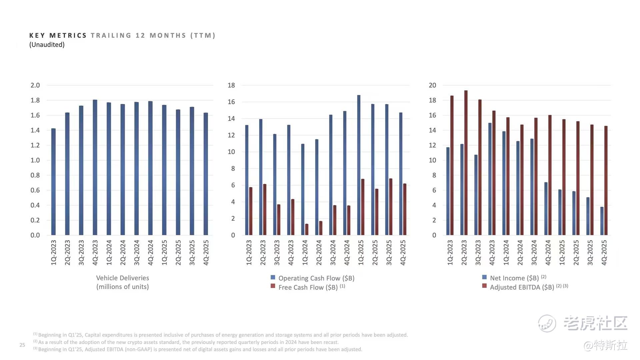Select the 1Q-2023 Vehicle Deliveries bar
pos(53,182)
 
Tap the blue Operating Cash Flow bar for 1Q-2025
pos(359,165)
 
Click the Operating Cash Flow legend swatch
pos(273,277)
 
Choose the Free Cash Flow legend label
pos(308,287)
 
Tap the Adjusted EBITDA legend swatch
pos(484,286)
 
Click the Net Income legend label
pos(514,278)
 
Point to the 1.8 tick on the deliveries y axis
pos(35,100)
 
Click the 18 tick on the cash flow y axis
pos(231,85)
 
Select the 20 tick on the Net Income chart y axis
pos(432,85)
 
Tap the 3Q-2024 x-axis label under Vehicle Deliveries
pos(137,253)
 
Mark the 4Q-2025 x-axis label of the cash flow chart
pos(403,253)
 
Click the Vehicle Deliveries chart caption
pos(122,282)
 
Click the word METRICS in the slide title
pos(68,35)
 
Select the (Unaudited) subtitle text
pos(47,45)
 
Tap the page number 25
pos(22,345)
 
